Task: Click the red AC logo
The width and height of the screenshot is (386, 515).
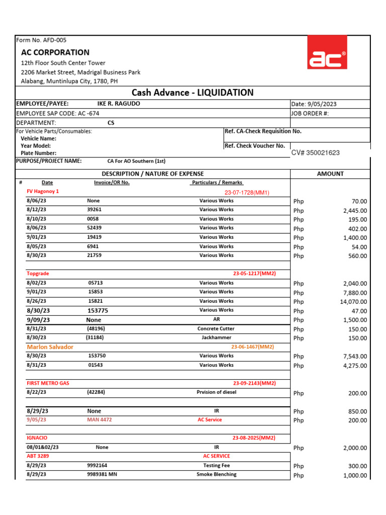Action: [327, 59]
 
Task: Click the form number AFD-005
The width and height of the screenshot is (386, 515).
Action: [41, 40]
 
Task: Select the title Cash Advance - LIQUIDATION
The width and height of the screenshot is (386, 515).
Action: [192, 93]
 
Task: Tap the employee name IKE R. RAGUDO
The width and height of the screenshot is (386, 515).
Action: [119, 104]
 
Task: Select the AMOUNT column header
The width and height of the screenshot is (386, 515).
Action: [330, 174]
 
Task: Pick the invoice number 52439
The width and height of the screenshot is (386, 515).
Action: [94, 228]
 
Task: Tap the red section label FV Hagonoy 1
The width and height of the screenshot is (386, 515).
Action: [43, 192]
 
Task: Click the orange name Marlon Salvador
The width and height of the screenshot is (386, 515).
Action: [50, 347]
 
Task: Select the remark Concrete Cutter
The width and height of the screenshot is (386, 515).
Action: [216, 328]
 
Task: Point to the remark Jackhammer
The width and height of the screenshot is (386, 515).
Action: [216, 337]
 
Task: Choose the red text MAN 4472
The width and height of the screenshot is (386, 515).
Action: [100, 419]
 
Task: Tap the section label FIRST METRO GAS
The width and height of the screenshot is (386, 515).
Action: [48, 383]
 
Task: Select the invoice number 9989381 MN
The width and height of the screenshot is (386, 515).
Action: [102, 474]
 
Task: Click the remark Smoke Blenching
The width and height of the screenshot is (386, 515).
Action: [216, 474]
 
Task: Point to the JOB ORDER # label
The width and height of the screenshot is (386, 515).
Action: [310, 113]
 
